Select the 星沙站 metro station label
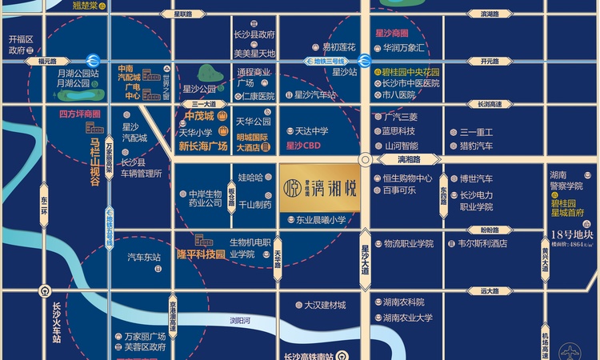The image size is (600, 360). tap(344, 72)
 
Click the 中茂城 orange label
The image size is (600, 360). tap(194, 115)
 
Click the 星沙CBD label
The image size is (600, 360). tap(304, 146)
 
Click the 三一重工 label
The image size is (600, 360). tap(477, 132)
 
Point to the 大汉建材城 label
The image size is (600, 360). tap(325, 305)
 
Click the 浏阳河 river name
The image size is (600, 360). tap(240, 321)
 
